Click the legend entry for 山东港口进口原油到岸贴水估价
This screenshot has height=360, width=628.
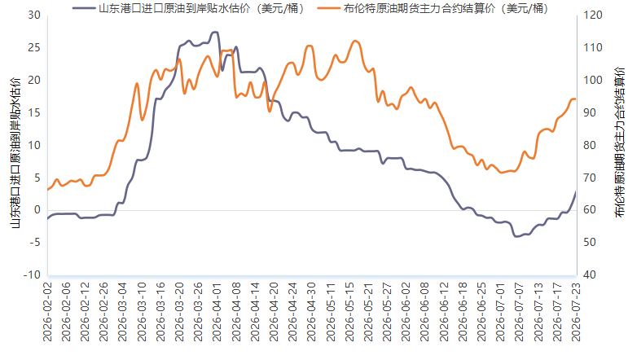tap(188, 8)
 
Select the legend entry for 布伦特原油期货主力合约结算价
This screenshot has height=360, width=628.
tap(433, 8)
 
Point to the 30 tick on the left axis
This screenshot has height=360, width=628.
tap(34, 15)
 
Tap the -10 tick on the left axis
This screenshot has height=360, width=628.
tap(32, 275)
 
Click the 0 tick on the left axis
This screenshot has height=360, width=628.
tap(37, 210)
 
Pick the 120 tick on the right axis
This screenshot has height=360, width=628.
tap(593, 15)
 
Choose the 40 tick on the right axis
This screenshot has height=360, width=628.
tap(590, 275)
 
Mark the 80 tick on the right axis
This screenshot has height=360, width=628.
tap(590, 145)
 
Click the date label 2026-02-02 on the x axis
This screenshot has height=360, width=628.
tap(48, 312)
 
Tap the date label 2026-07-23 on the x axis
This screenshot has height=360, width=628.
tap(576, 312)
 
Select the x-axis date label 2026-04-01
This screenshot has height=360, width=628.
tap(217, 312)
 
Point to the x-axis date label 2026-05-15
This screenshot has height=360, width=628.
tap(349, 312)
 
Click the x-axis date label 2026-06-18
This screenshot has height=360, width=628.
tap(463, 312)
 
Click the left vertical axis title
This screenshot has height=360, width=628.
tap(15, 152)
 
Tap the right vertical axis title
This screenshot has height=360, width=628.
tap(619, 143)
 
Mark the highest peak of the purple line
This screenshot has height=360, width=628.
tap(215, 32)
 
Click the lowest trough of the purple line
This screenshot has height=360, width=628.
tap(516, 236)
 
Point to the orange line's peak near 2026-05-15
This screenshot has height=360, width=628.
tap(355, 41)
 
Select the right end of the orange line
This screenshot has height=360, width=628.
tap(576, 99)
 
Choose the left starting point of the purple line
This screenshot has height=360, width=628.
tap(48, 218)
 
